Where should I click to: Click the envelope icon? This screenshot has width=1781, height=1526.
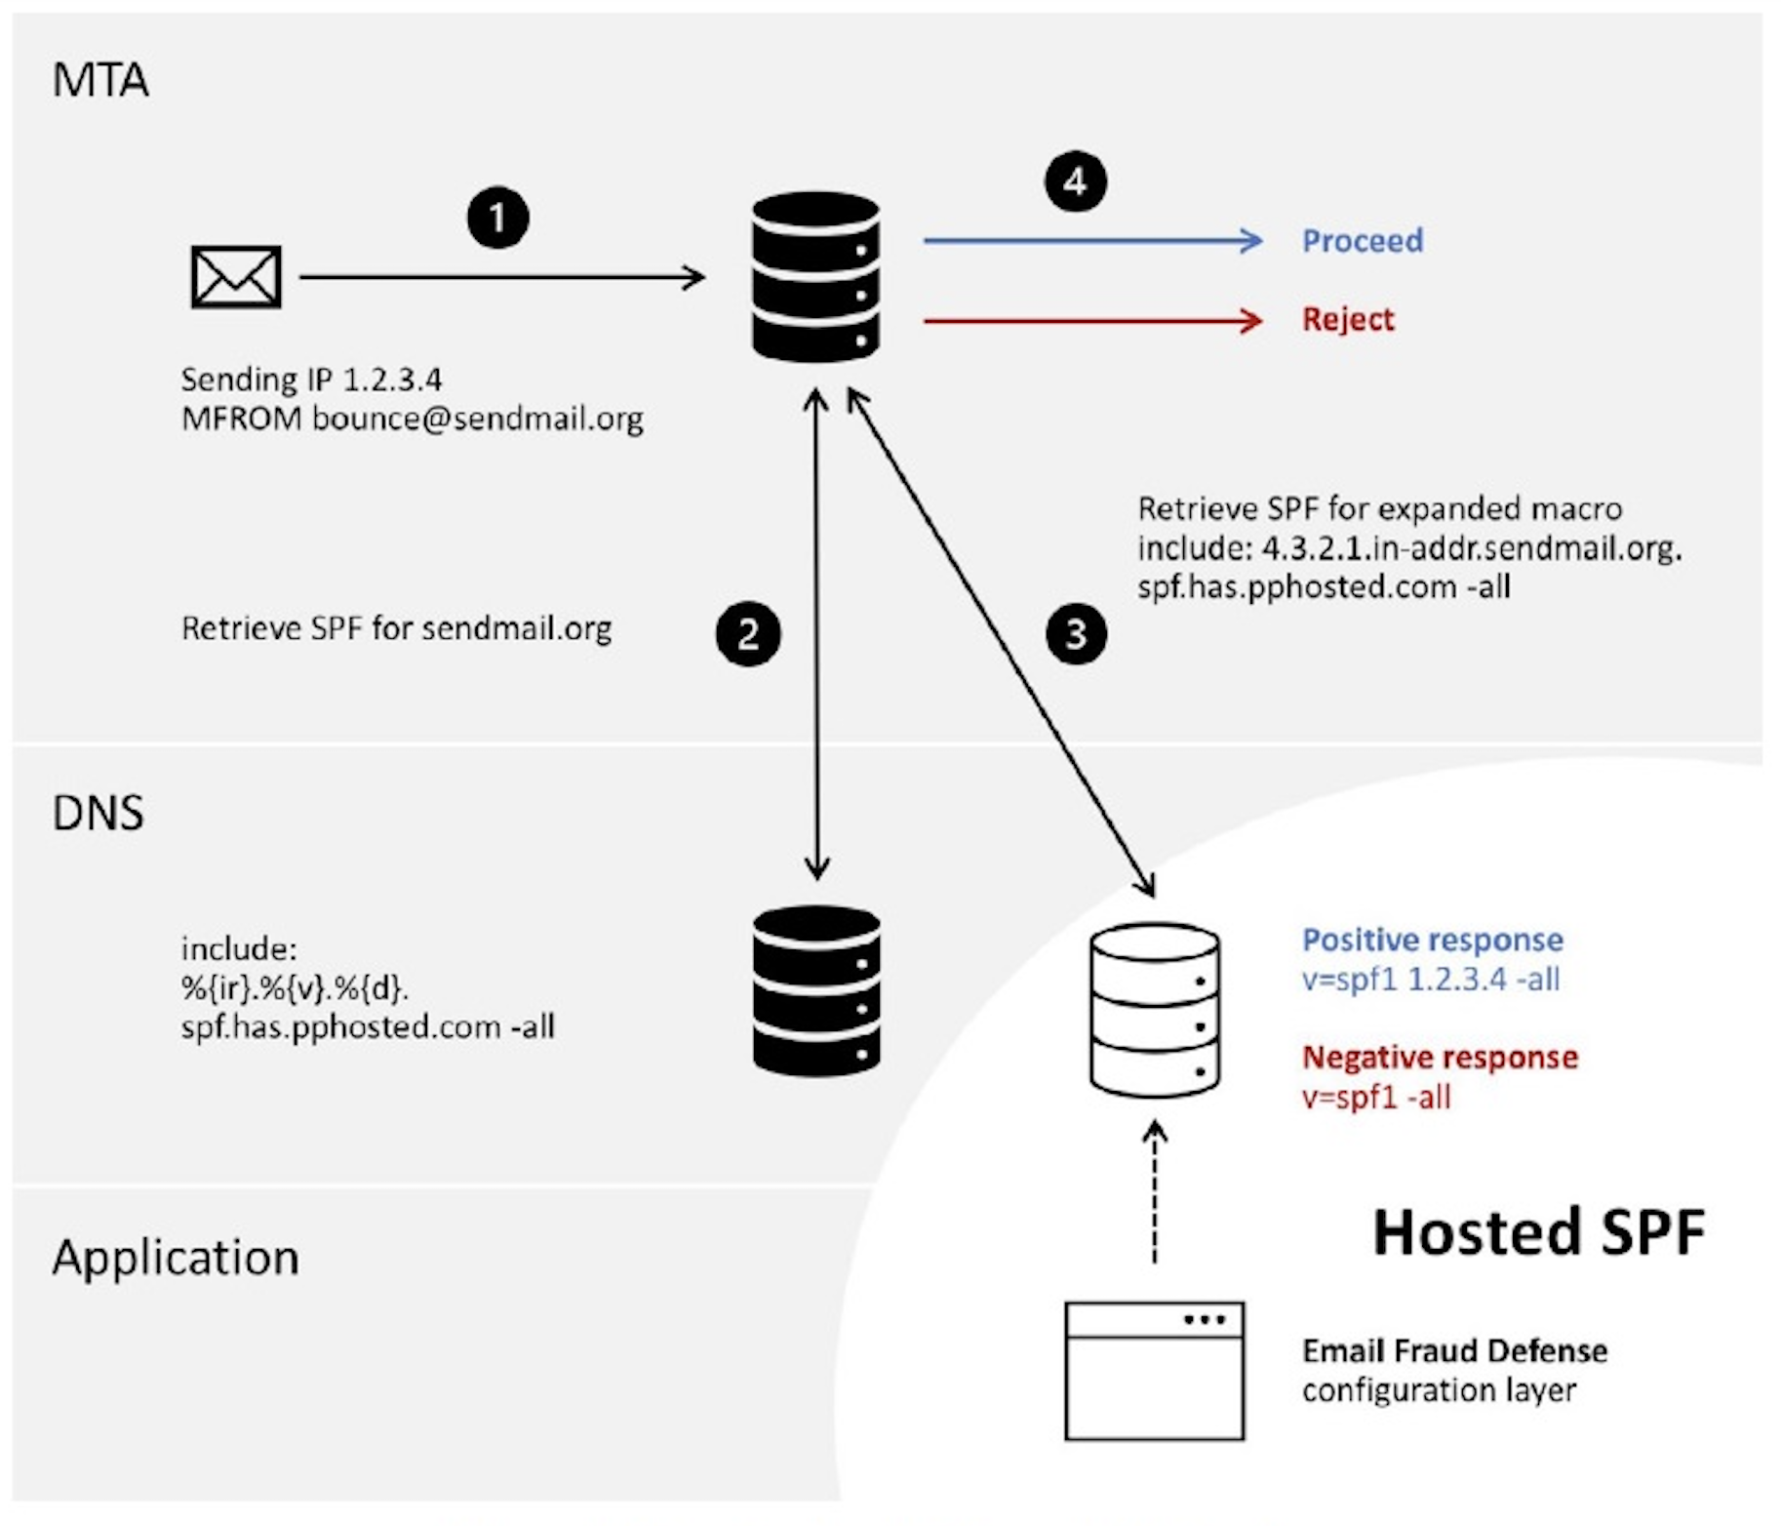(x=236, y=277)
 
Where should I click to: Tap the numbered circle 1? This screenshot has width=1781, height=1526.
(x=497, y=217)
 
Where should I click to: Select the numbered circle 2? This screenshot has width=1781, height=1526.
(x=747, y=634)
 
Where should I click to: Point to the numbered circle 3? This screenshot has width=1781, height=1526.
(x=1075, y=634)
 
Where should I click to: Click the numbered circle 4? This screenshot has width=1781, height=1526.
(x=1075, y=181)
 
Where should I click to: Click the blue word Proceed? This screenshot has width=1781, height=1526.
(x=1362, y=240)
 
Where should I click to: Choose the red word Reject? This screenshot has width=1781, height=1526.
(x=1347, y=319)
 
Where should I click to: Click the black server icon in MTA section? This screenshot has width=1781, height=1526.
(x=815, y=277)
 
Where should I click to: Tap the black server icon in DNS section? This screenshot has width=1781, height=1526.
(x=815, y=990)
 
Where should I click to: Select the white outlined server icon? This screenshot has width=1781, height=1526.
(x=1154, y=1010)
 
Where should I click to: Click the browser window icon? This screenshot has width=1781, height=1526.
(x=1154, y=1370)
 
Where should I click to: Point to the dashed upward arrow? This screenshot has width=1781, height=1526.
(x=1154, y=1192)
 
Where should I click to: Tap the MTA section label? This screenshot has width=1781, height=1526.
(x=99, y=80)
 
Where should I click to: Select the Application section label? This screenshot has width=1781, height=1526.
(x=176, y=1257)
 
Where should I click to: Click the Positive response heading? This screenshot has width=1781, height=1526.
(x=1432, y=940)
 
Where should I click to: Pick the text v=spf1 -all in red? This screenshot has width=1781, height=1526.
(x=1375, y=1097)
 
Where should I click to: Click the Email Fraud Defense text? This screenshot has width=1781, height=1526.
(x=1453, y=1350)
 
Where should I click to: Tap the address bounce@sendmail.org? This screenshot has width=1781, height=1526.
(x=477, y=419)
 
